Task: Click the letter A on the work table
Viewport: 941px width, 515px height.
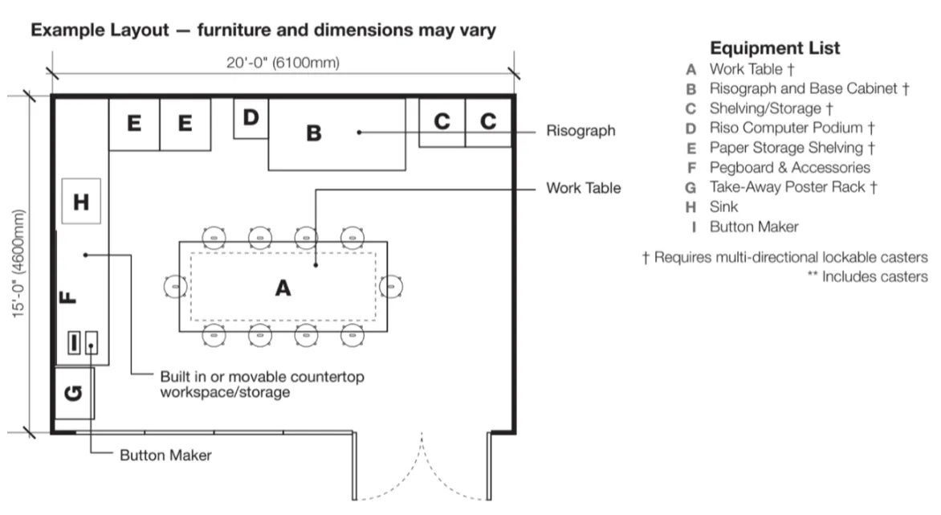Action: pyautogui.click(x=283, y=288)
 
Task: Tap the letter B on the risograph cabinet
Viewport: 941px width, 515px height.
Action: pyautogui.click(x=313, y=133)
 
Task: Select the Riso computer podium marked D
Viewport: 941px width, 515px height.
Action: pyautogui.click(x=251, y=118)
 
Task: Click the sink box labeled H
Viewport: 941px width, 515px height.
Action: pyautogui.click(x=81, y=201)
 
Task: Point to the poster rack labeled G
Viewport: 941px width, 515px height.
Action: pyautogui.click(x=75, y=393)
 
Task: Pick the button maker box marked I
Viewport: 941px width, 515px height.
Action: pyautogui.click(x=74, y=343)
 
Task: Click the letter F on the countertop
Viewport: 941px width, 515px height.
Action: pyautogui.click(x=68, y=296)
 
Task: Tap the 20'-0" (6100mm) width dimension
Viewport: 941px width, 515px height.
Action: pyautogui.click(x=283, y=63)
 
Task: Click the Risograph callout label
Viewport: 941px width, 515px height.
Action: pyautogui.click(x=580, y=131)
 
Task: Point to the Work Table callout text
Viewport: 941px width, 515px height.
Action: pyautogui.click(x=584, y=188)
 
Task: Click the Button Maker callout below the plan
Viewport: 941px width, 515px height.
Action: pyautogui.click(x=165, y=455)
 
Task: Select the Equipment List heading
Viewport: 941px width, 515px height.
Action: pyautogui.click(x=775, y=48)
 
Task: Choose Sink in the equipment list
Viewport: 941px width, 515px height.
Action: pyautogui.click(x=723, y=207)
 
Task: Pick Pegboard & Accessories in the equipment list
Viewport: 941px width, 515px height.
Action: pyautogui.click(x=790, y=167)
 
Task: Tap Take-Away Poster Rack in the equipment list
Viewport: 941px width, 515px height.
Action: pyautogui.click(x=787, y=187)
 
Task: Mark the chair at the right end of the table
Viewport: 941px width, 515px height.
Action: pyautogui.click(x=392, y=287)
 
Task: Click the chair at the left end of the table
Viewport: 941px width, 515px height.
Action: pyautogui.click(x=175, y=287)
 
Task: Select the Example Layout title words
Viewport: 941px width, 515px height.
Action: pyautogui.click(x=100, y=30)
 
